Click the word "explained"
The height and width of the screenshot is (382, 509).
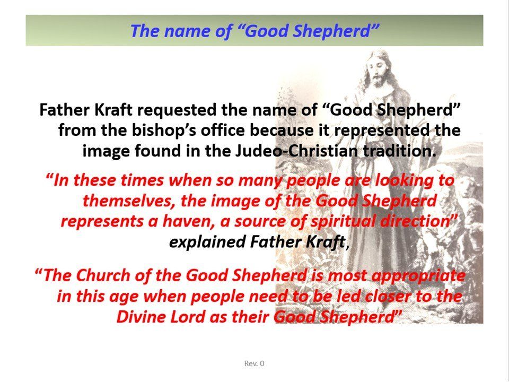pos(207,242)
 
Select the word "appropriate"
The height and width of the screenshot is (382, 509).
pos(418,276)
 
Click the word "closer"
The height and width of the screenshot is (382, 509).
pos(384,296)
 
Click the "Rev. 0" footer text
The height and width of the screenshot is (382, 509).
pos(254,363)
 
